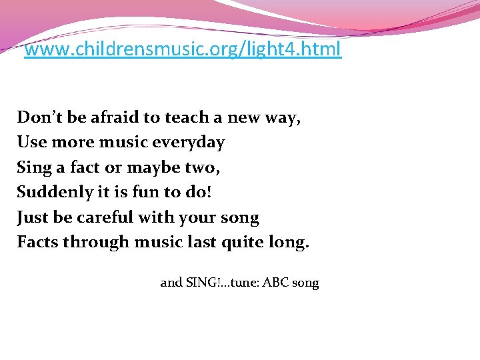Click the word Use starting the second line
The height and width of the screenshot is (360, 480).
31,143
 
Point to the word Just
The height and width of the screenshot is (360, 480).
31,217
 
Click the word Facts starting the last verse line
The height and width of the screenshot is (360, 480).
37,242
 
